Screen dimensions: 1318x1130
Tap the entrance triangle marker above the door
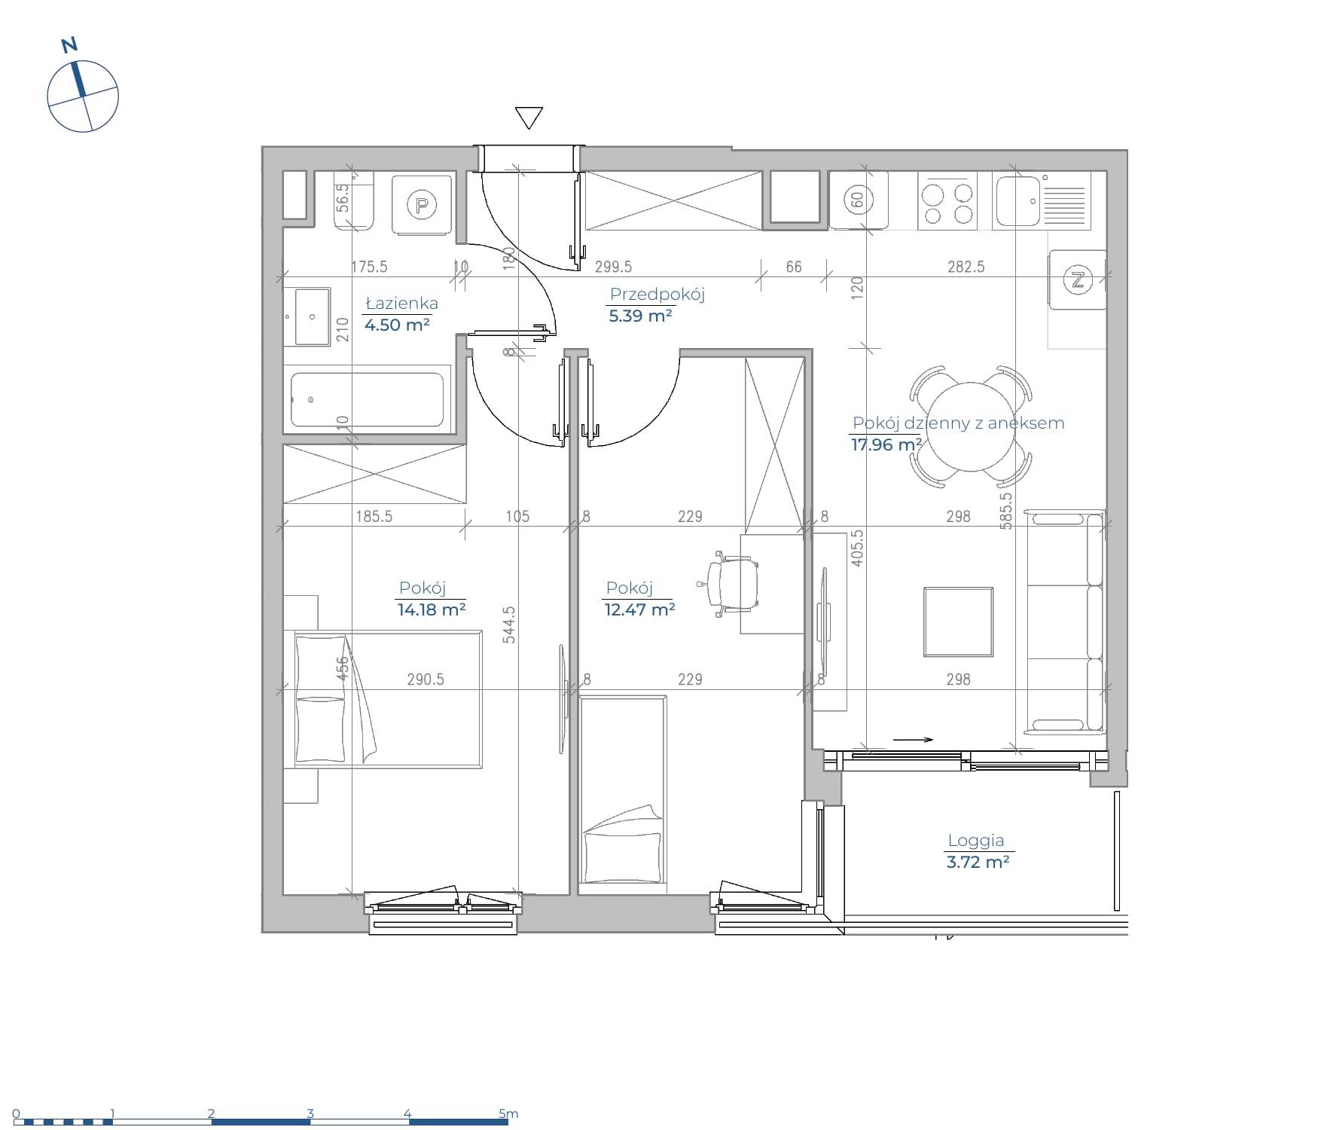[x=529, y=117]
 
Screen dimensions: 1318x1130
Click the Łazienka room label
[x=401, y=304]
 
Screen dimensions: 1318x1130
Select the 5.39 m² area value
[x=640, y=316]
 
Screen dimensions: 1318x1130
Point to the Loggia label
[x=975, y=841]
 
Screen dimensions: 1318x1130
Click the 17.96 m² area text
[x=886, y=444]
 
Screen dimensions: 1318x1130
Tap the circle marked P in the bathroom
[x=422, y=204]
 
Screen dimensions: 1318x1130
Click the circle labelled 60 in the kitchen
[x=857, y=200]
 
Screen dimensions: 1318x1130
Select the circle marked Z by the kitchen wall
[x=1078, y=280]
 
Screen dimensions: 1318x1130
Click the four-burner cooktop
[x=947, y=200]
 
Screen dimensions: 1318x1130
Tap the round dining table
[x=972, y=426]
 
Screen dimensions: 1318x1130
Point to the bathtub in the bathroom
[x=367, y=399]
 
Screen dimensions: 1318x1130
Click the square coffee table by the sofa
[x=959, y=621]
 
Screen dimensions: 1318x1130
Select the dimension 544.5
[x=509, y=625]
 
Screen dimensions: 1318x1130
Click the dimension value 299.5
[x=613, y=267]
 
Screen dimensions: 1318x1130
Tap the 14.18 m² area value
[x=432, y=609]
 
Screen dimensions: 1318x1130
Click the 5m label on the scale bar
[x=508, y=1113]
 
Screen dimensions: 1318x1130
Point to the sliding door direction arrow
[x=913, y=740]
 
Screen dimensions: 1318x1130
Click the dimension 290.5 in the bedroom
[x=426, y=680]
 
